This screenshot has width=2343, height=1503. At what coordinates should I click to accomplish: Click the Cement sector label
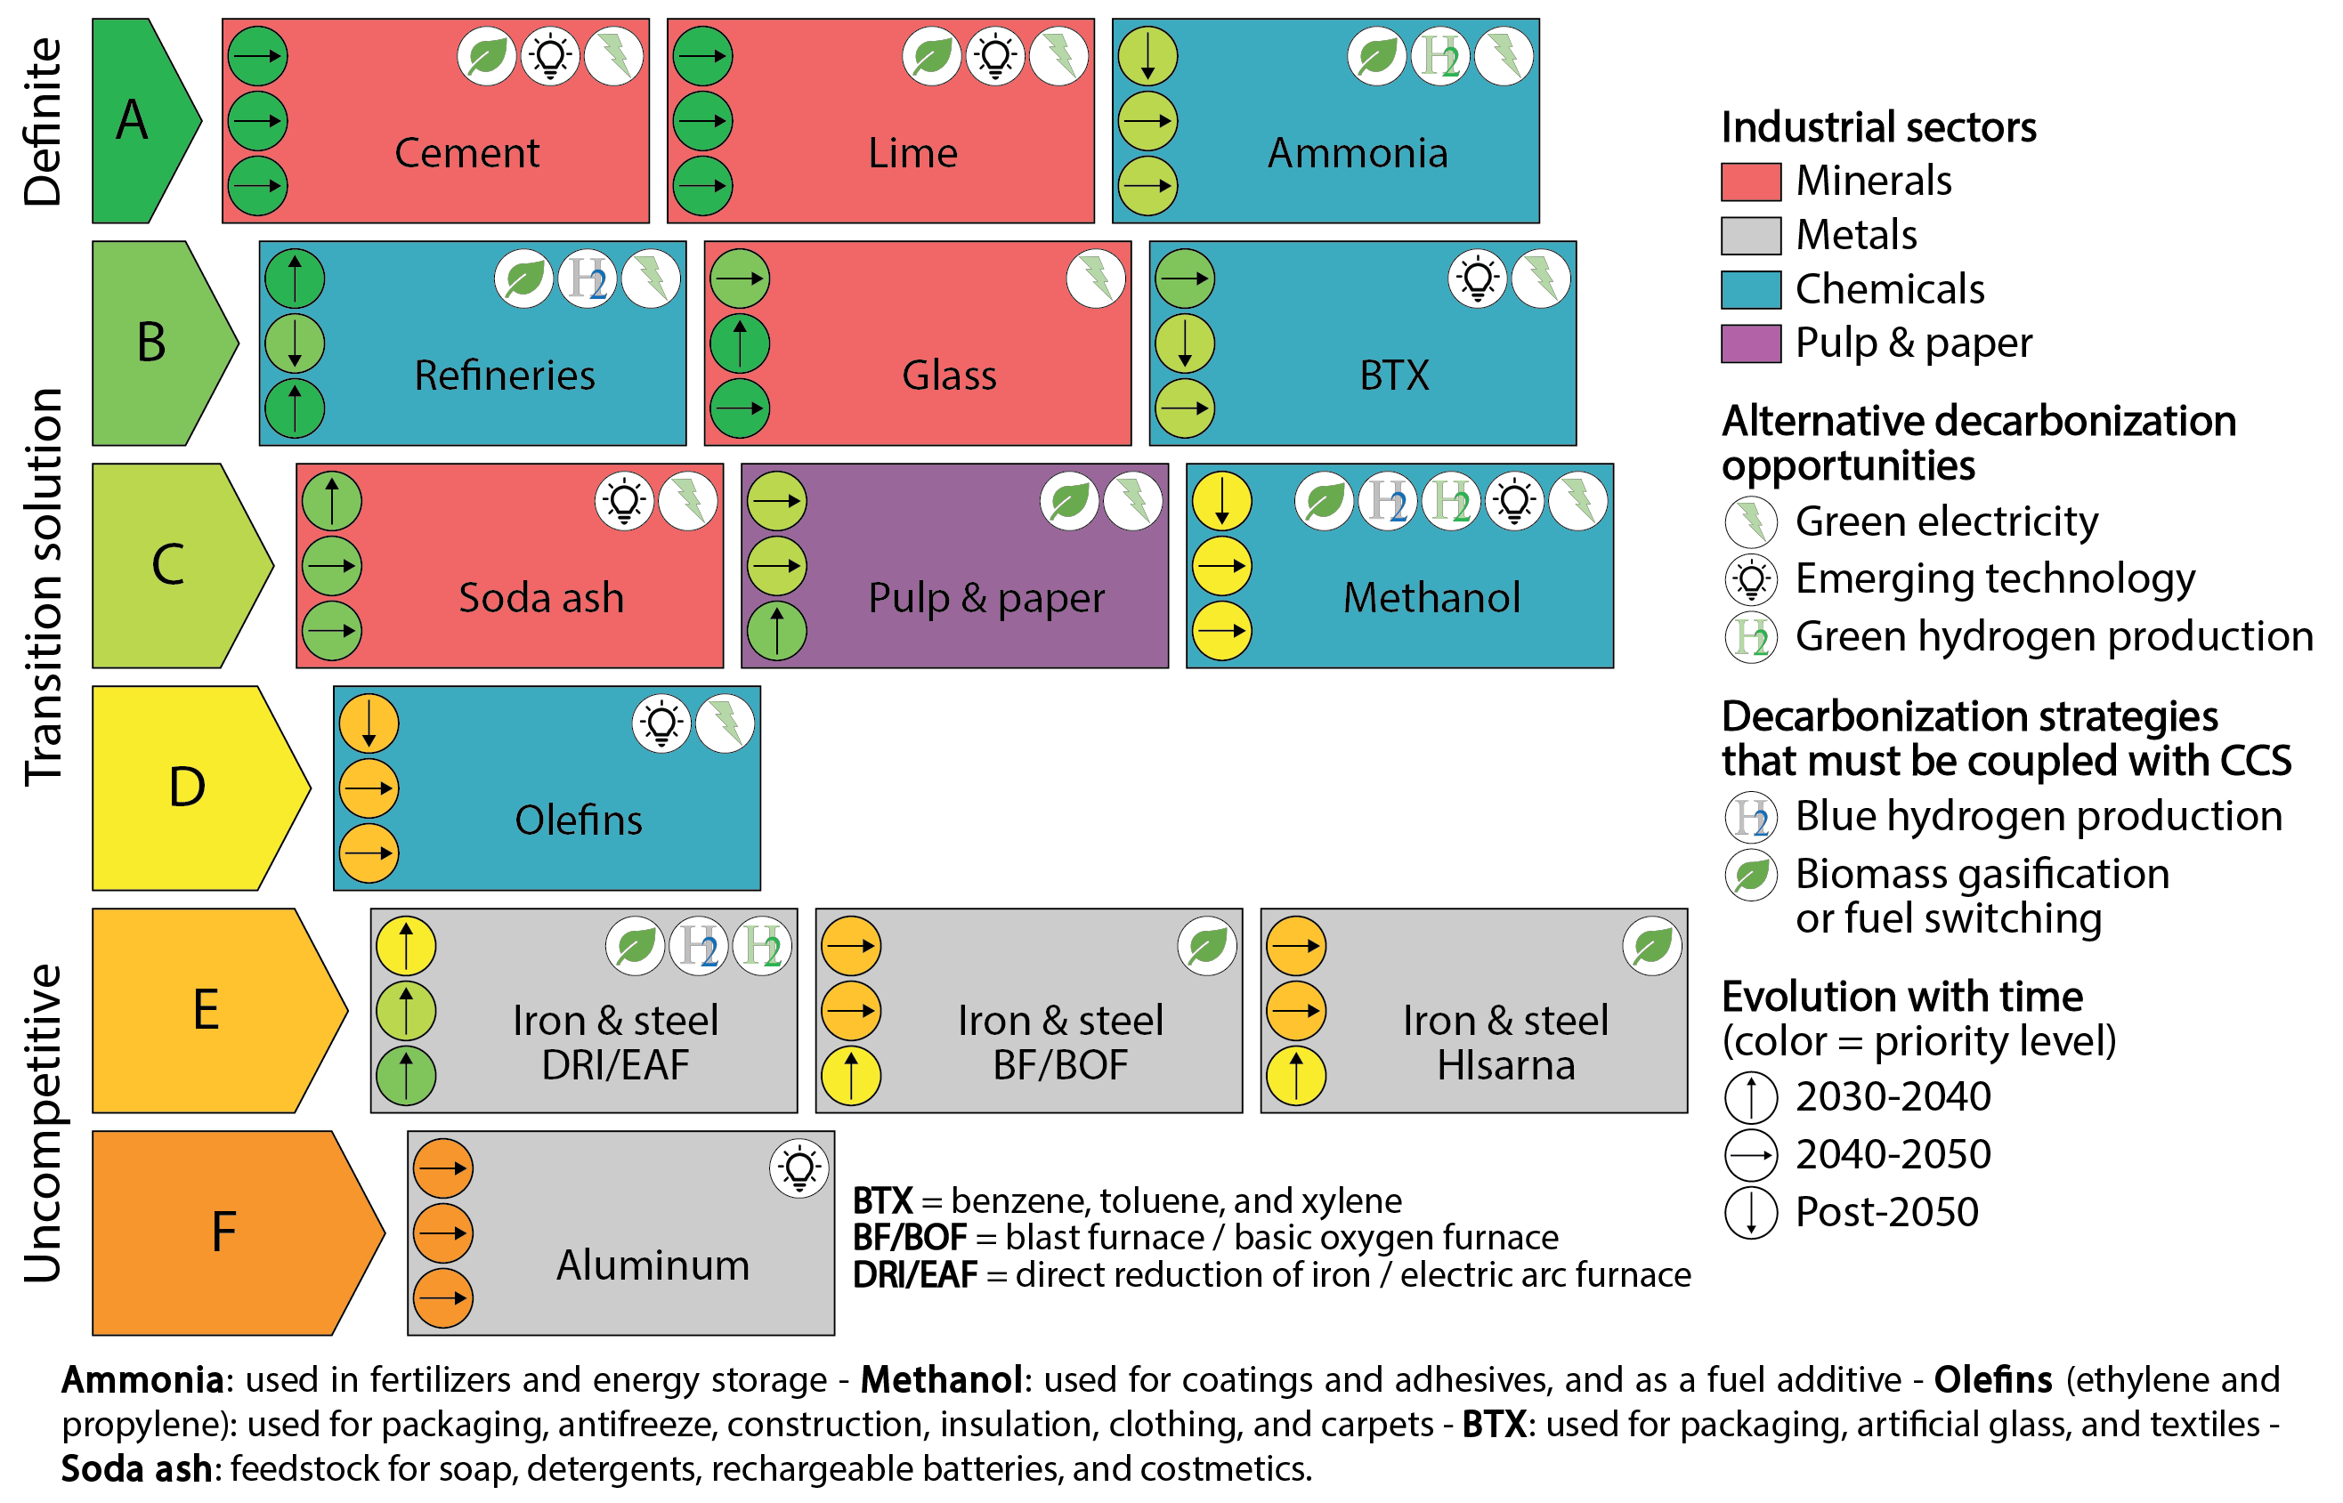point(466,153)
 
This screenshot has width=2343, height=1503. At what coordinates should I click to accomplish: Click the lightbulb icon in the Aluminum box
point(799,1168)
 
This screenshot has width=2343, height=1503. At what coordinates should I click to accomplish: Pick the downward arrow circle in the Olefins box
point(369,723)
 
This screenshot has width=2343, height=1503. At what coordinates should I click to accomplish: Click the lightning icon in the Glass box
point(1095,279)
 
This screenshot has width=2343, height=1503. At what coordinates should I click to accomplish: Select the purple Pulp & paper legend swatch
point(1750,343)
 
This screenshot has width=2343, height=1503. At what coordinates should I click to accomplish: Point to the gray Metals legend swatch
point(1750,235)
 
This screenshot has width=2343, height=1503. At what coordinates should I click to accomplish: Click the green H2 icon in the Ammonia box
point(1440,56)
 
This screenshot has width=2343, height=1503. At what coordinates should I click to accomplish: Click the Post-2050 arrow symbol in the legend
point(1751,1213)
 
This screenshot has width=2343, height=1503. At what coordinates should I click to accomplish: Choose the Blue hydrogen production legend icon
point(1751,818)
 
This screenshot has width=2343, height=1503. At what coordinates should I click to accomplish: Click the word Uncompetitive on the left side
point(43,1122)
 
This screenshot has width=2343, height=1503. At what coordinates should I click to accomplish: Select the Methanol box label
point(1431,597)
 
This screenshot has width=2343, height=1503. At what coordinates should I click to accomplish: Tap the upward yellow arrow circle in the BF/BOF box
point(850,1075)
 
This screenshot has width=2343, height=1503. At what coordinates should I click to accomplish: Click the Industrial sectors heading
point(1877,128)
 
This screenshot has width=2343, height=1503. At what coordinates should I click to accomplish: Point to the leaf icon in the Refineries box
point(524,279)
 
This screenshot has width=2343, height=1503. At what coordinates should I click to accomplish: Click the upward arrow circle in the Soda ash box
point(332,501)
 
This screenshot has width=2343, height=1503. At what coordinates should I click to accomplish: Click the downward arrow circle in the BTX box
point(1184,343)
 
